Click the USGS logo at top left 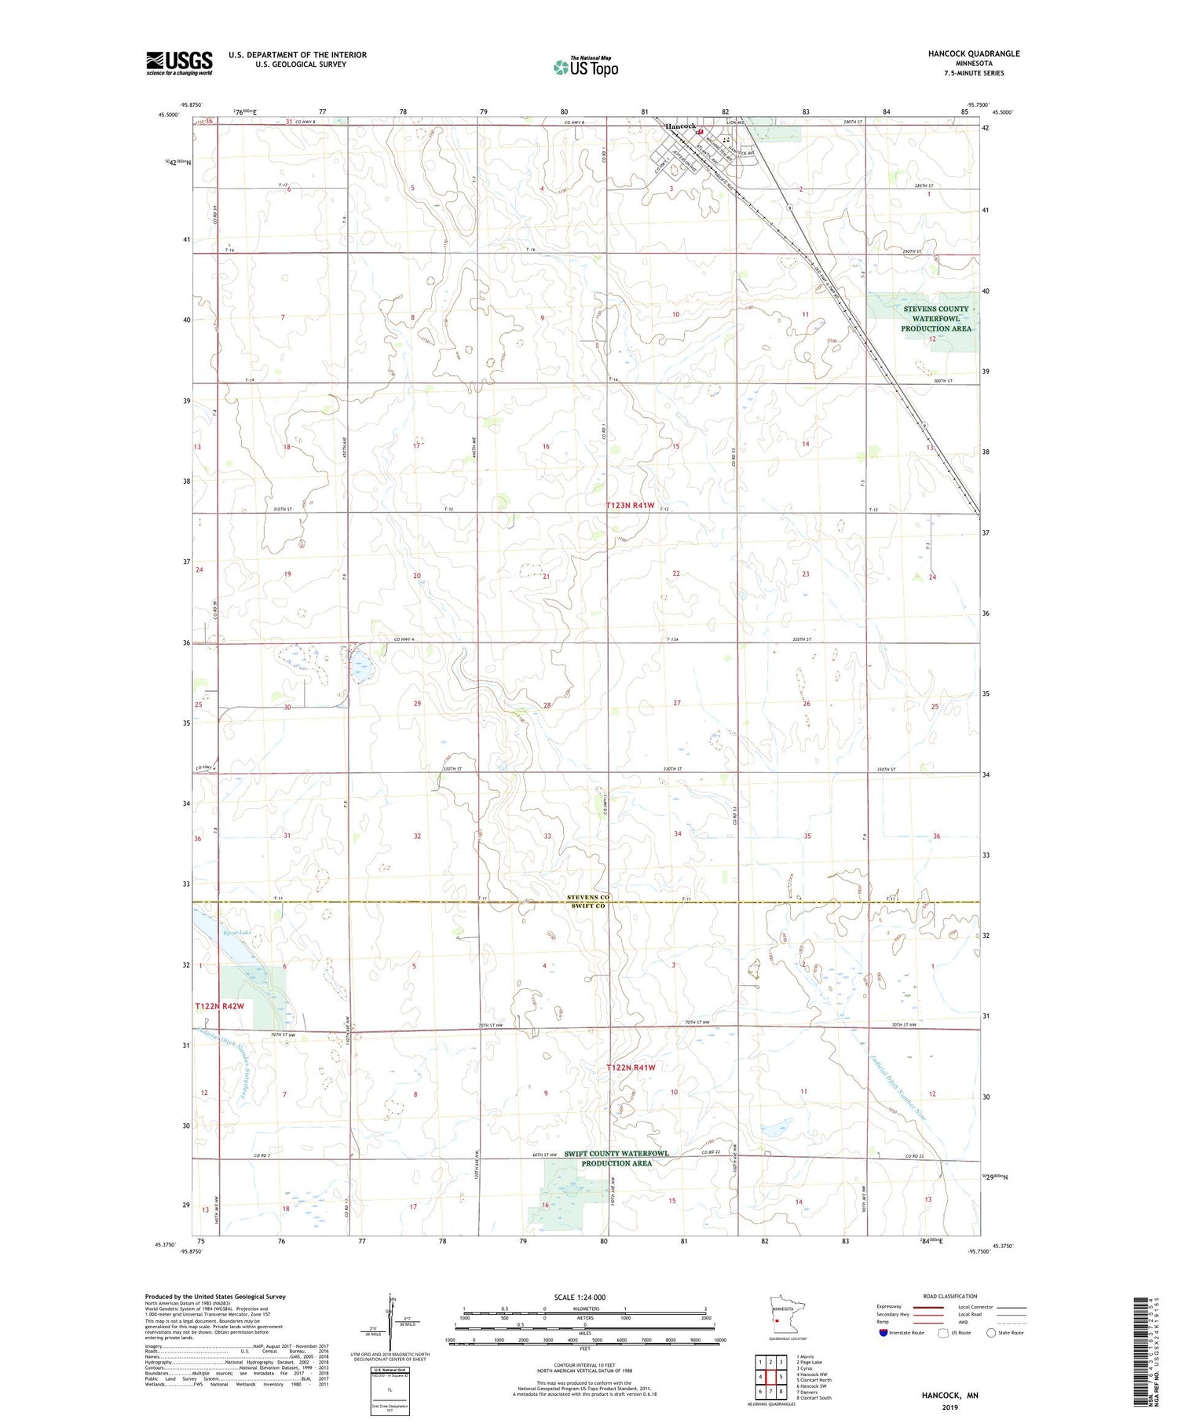click(179, 63)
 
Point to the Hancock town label click(680, 126)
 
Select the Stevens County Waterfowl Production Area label click(935, 318)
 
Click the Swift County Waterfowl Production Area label click(616, 1158)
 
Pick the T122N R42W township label click(220, 1006)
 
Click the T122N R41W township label click(631, 1067)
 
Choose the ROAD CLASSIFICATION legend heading click(950, 1296)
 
